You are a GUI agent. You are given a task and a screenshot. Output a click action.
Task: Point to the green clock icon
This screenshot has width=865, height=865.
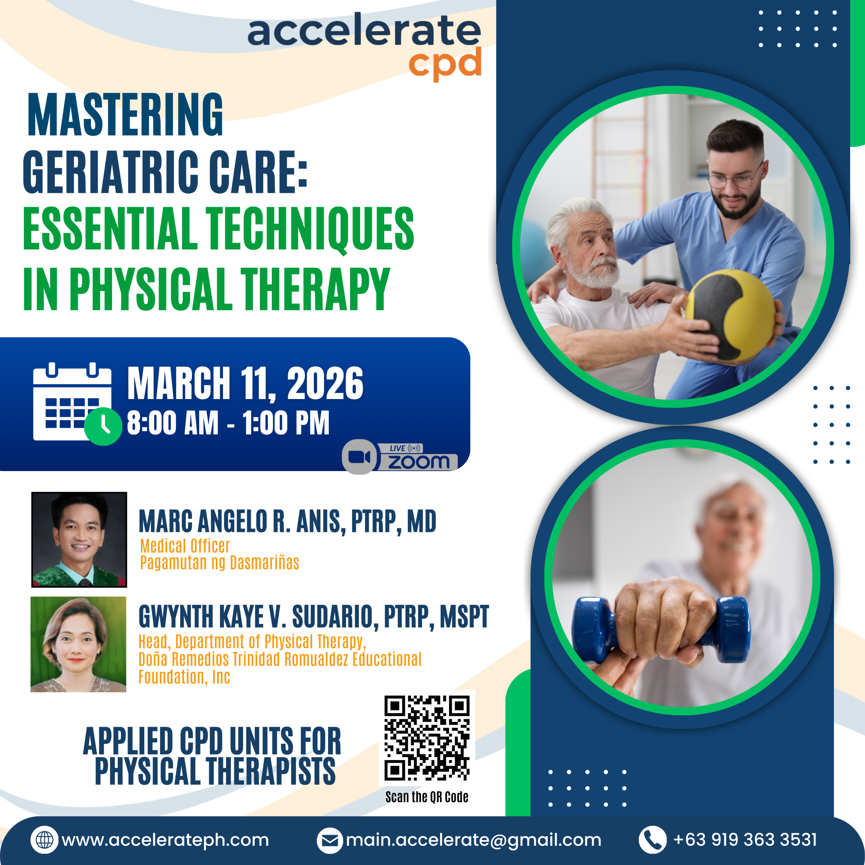click(x=103, y=426)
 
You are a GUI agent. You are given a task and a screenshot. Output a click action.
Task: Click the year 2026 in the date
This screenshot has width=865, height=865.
click(x=325, y=383)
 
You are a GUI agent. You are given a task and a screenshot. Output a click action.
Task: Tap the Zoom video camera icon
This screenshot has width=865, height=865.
click(x=359, y=457)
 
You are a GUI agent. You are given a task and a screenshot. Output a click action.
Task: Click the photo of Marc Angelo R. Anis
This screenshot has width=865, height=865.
click(x=79, y=540)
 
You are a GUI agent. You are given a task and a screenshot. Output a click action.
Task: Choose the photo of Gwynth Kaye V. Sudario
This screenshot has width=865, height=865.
click(x=78, y=644)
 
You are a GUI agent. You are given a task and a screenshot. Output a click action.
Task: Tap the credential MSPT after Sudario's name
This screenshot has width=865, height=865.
click(x=464, y=617)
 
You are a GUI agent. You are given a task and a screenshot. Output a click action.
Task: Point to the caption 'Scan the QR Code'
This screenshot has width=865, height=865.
click(x=427, y=797)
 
